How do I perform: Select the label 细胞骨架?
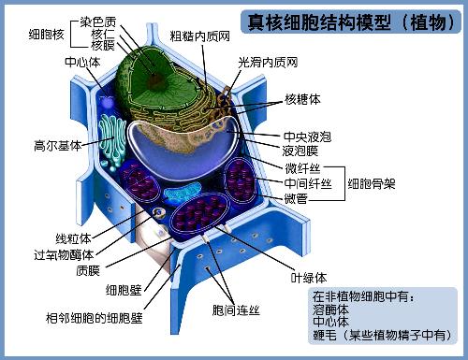[371, 182]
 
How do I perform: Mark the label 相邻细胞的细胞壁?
[95, 318]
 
